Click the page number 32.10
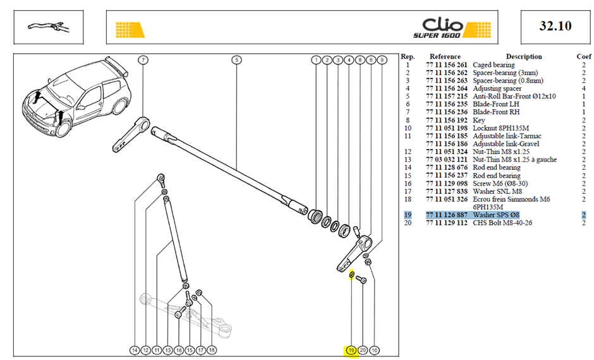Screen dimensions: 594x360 pyautogui.click(x=555, y=26)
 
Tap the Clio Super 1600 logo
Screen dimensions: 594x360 pyautogui.click(x=452, y=28)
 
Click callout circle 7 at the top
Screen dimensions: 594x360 pyautogui.click(x=143, y=60)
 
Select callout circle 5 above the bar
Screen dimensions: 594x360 pyautogui.click(x=236, y=60)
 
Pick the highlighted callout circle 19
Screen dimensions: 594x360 pyautogui.click(x=351, y=351)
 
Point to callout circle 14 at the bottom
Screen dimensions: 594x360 pyautogui.click(x=135, y=351)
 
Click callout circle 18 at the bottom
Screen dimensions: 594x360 pyautogui.click(x=212, y=350)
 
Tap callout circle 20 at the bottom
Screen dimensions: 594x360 pyautogui.click(x=363, y=351)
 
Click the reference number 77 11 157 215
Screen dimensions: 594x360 pyautogui.click(x=447, y=96)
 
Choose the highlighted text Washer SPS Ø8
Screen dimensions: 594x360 pyautogui.click(x=496, y=215)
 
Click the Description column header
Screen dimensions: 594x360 pyautogui.click(x=524, y=56)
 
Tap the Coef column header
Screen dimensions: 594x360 pyautogui.click(x=584, y=56)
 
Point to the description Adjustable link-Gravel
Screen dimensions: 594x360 pyautogui.click(x=506, y=144)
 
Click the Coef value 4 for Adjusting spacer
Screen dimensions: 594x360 pyautogui.click(x=584, y=88)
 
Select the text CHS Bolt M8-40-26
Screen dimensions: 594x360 pyautogui.click(x=502, y=222)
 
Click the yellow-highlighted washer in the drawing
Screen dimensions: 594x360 pyautogui.click(x=351, y=275)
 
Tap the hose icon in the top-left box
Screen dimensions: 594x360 pyautogui.click(x=48, y=27)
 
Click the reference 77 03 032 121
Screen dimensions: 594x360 pyautogui.click(x=447, y=160)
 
